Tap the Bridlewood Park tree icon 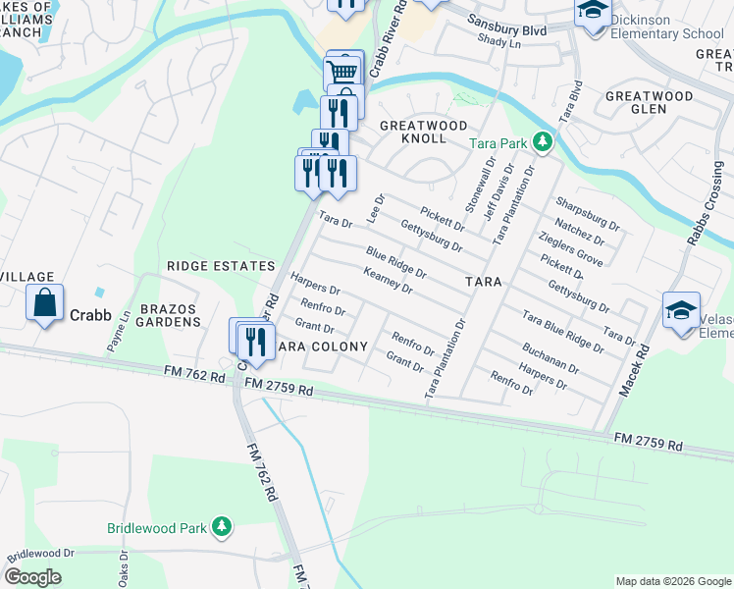tap(223, 527)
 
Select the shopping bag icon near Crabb tap(45, 302)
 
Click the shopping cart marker tap(342, 71)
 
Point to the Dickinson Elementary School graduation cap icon tap(593, 12)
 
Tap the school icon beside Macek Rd tap(681, 310)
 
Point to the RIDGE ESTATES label tap(221, 266)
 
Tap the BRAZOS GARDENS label tap(169, 315)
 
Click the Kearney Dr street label tap(388, 281)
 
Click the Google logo tap(33, 577)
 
